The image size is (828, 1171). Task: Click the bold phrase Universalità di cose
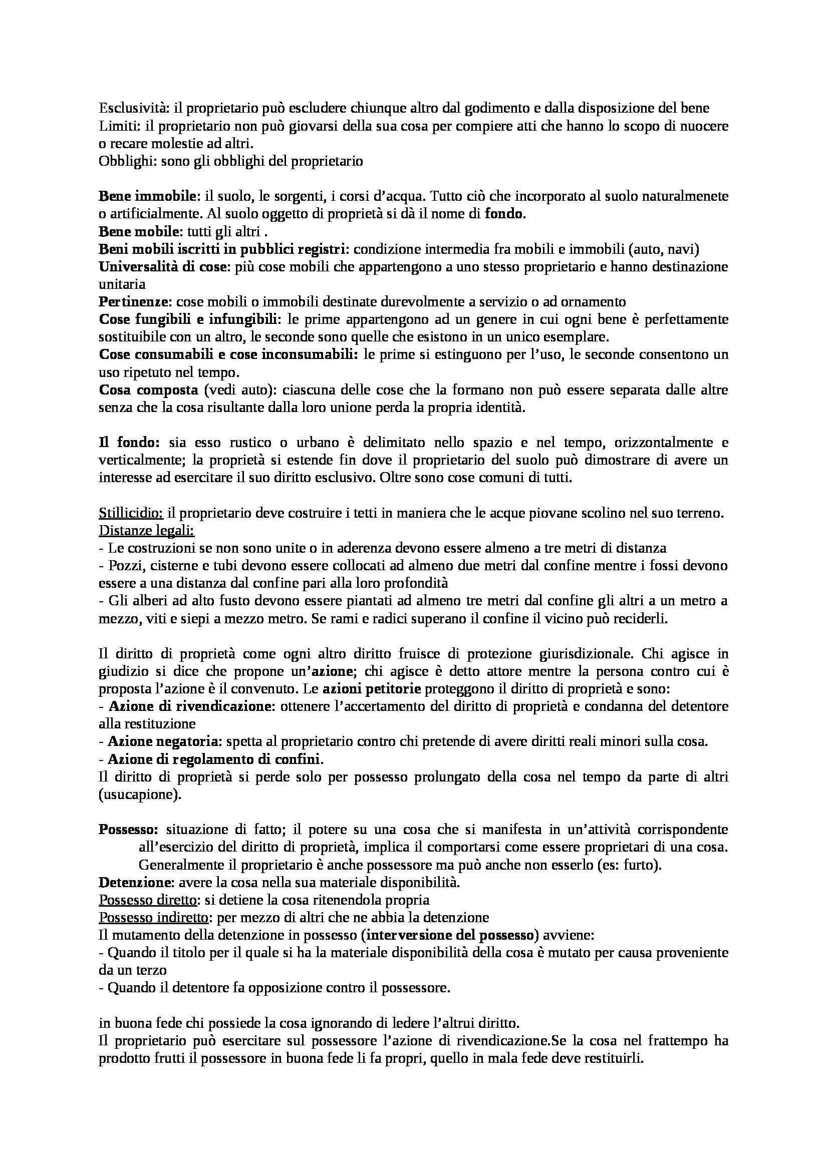click(x=162, y=267)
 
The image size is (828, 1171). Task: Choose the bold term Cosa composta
click(x=148, y=390)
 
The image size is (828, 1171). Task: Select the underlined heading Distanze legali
click(x=146, y=531)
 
